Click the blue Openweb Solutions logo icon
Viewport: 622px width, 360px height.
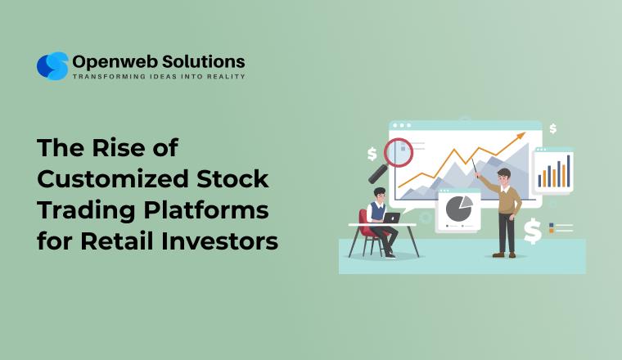tap(52, 65)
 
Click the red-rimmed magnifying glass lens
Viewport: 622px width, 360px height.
tap(399, 151)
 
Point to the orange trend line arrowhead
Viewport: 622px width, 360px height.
tap(518, 135)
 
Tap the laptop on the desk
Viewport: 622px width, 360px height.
tap(391, 218)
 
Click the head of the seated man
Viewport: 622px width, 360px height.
tap(379, 194)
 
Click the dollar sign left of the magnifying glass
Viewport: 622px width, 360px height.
tap(372, 153)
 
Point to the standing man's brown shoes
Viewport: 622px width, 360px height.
tap(506, 253)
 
